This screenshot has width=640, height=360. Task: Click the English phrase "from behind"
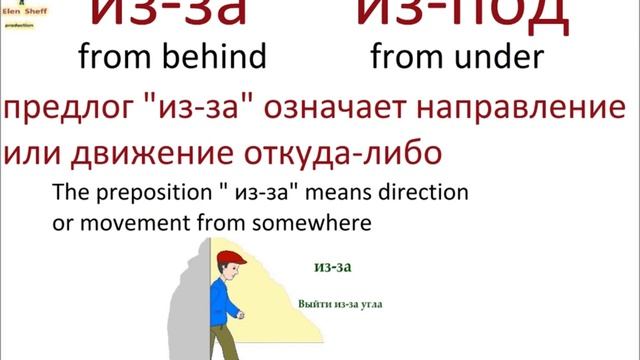171,57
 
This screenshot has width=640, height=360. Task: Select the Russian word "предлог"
64,108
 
